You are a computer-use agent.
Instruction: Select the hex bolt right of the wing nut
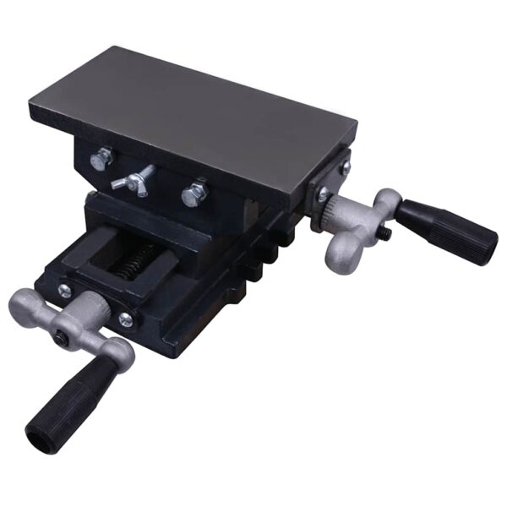[194, 193]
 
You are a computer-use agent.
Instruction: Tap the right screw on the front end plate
[125, 319]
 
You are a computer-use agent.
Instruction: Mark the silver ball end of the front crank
[22, 302]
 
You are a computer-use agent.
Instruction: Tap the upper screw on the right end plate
[345, 169]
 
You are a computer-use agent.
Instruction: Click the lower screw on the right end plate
[322, 196]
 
